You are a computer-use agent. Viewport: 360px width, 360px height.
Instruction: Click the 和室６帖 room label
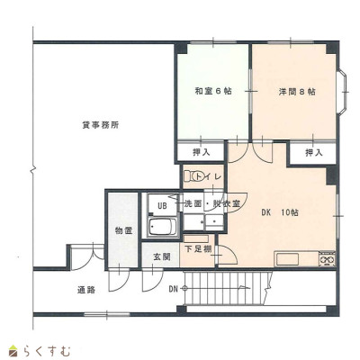(x=213, y=91)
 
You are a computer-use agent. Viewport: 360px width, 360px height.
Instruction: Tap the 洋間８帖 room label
(x=297, y=92)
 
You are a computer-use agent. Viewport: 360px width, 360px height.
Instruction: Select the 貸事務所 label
(x=101, y=125)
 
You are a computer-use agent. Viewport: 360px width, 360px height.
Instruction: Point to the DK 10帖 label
(x=280, y=212)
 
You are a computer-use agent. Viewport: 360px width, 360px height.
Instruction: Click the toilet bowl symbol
(x=194, y=175)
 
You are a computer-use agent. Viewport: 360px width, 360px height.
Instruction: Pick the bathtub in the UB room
(x=163, y=227)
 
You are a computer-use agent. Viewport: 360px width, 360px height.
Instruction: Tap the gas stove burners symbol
(x=328, y=259)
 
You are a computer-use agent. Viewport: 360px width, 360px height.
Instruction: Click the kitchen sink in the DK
(x=287, y=259)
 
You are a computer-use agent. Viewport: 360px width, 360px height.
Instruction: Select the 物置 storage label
(x=123, y=230)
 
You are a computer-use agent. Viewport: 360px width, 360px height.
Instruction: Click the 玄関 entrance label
(x=162, y=256)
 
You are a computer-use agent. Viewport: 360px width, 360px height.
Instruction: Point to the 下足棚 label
(x=198, y=249)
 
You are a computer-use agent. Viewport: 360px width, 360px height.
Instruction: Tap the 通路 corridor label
(x=86, y=290)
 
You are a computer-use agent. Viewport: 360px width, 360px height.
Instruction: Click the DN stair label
(x=173, y=289)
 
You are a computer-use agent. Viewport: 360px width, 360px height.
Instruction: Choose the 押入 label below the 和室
(x=201, y=153)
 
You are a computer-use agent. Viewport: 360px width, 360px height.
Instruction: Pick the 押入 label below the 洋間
(x=314, y=153)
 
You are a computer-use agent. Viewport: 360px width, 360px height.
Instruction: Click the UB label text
(x=162, y=206)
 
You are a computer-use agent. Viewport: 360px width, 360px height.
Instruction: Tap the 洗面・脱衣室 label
(x=212, y=203)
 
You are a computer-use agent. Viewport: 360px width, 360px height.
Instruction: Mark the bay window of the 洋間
(x=343, y=92)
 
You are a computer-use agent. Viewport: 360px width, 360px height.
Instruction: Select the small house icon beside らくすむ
(x=13, y=351)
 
